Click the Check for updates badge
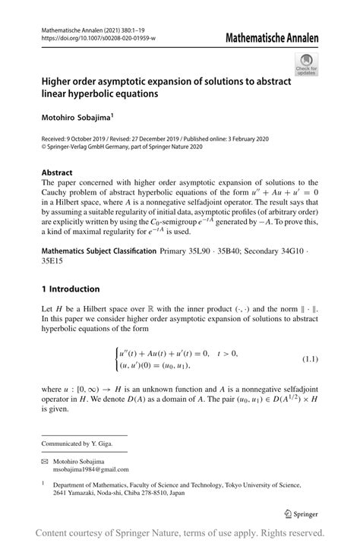[x=308, y=65]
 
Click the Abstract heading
[x=57, y=172]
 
